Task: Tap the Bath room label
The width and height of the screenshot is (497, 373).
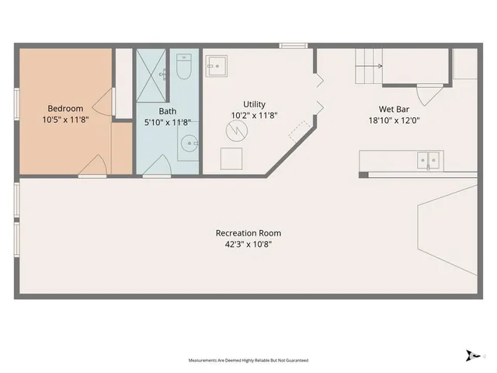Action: click(x=157, y=110)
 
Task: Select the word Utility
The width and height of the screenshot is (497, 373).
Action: click(x=254, y=104)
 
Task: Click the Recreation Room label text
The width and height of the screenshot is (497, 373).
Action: click(x=248, y=233)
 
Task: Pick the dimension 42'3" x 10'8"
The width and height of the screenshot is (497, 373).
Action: click(x=248, y=244)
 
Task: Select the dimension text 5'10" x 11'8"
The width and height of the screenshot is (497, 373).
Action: click(x=169, y=122)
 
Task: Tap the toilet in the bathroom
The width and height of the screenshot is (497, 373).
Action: click(x=184, y=69)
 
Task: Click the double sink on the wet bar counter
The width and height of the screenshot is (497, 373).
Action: click(x=427, y=160)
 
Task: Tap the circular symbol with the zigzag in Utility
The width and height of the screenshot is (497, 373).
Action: click(x=235, y=131)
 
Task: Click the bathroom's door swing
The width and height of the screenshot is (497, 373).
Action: click(x=162, y=165)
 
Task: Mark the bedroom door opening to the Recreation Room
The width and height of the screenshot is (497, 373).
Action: click(x=94, y=165)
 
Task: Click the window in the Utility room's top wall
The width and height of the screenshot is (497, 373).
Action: click(x=290, y=46)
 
